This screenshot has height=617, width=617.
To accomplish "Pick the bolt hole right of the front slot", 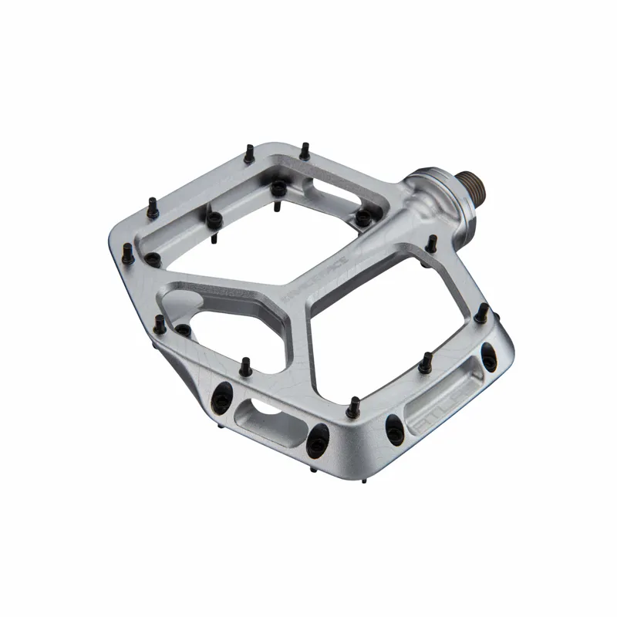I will click(x=315, y=440).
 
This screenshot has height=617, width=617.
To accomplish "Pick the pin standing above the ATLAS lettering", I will click(x=426, y=358).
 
